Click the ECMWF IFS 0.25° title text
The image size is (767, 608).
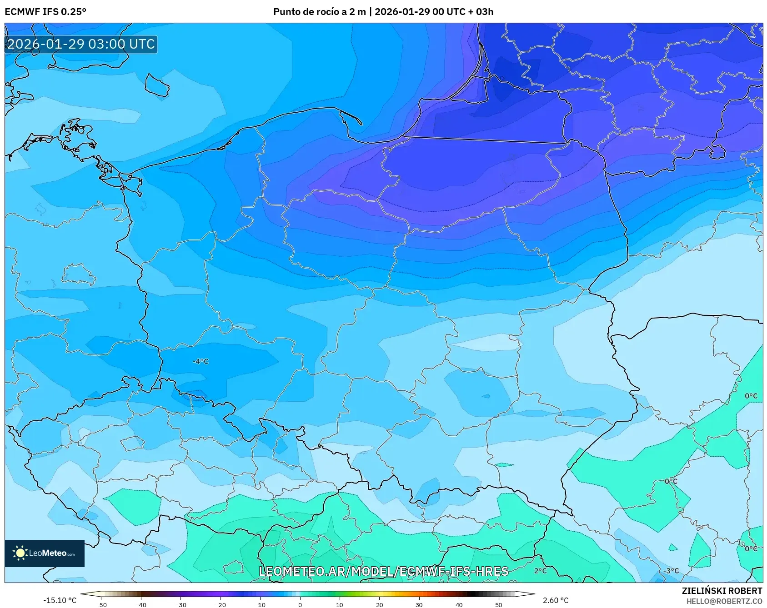click(x=45, y=12)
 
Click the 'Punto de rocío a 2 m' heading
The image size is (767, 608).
click(x=320, y=12)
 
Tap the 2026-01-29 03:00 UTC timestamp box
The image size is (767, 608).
click(x=81, y=44)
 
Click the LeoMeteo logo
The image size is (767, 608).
click(x=44, y=553)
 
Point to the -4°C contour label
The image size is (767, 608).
click(x=201, y=362)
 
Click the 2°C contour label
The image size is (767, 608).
click(x=540, y=571)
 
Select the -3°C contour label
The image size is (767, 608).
click(x=671, y=571)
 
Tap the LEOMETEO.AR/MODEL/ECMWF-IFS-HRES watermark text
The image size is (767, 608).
click(x=383, y=571)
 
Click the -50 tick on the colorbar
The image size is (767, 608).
click(x=101, y=604)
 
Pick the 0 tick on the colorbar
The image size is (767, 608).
click(x=300, y=604)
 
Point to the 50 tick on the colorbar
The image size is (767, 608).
click(x=499, y=604)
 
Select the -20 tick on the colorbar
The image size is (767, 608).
click(x=221, y=604)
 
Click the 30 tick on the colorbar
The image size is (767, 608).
click(x=419, y=604)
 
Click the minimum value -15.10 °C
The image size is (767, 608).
click(x=60, y=600)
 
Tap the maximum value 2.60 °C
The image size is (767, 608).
click(x=556, y=600)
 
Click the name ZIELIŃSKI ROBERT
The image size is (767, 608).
click(x=722, y=591)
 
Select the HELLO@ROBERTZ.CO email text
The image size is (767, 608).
click(x=724, y=601)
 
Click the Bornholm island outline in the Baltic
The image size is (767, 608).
click(x=157, y=85)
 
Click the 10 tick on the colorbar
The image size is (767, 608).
click(x=340, y=604)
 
